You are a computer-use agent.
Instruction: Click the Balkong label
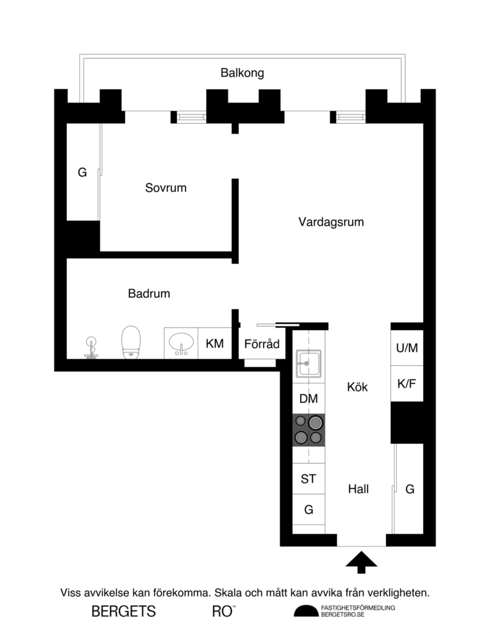[x=242, y=73]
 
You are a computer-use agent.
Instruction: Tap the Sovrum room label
[x=165, y=187]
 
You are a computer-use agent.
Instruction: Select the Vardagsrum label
[x=330, y=221]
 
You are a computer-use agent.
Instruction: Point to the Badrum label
[x=148, y=294]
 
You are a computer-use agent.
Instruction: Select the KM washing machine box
[x=215, y=344]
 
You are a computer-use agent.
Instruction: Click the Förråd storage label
[x=262, y=344]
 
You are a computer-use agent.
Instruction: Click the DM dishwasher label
[x=308, y=399]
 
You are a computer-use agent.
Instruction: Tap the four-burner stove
[x=308, y=430]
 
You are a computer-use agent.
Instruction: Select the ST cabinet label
[x=308, y=478]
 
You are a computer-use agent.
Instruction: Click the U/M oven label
[x=406, y=348]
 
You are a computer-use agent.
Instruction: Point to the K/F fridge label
[x=406, y=383]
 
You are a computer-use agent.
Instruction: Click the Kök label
[x=357, y=388]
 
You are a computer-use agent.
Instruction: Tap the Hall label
[x=358, y=489]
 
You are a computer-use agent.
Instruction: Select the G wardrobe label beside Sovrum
[x=82, y=172]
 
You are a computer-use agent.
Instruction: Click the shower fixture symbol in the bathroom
[x=92, y=347]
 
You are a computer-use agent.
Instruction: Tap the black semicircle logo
[x=305, y=611]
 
